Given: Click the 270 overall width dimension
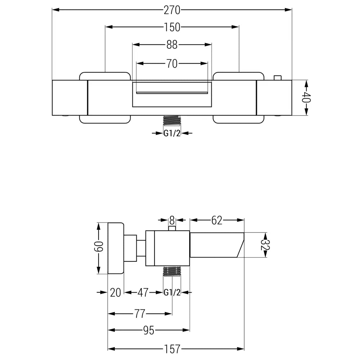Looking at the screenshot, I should pyautogui.click(x=172, y=10).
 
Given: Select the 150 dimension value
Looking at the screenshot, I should pyautogui.click(x=172, y=27).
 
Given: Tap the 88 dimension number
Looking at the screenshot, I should pyautogui.click(x=172, y=45).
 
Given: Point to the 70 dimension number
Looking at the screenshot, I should pyautogui.click(x=172, y=64).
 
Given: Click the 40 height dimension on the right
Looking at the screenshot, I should pyautogui.click(x=306, y=98).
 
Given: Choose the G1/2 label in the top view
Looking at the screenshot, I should pyautogui.click(x=172, y=134).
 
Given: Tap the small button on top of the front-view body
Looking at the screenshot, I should pyautogui.click(x=277, y=78).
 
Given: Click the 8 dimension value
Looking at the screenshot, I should pyautogui.click(x=172, y=220).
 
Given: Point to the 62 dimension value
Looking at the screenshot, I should pyautogui.click(x=217, y=220).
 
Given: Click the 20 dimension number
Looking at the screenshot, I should pyautogui.click(x=116, y=293).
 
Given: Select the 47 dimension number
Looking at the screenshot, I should pyautogui.click(x=143, y=293).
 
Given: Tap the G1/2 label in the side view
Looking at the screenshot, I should pyautogui.click(x=172, y=293).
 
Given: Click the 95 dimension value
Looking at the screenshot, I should pyautogui.click(x=148, y=330).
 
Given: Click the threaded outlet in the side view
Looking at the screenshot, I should pyautogui.click(x=172, y=271).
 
